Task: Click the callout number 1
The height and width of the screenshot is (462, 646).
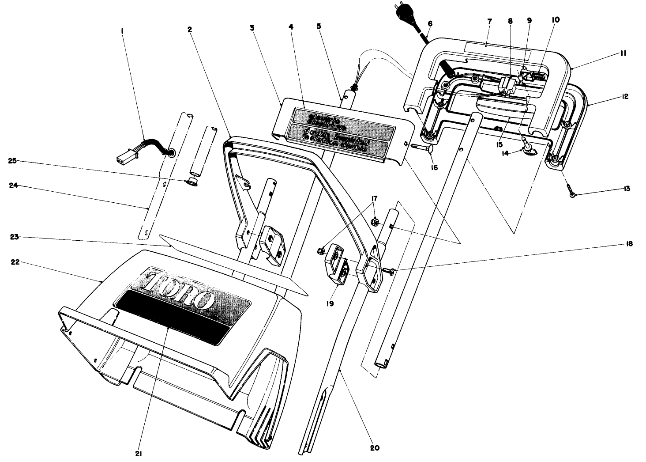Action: point(122,31)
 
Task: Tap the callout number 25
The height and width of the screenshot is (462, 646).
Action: point(12,161)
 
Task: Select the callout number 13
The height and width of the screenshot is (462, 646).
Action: point(627,189)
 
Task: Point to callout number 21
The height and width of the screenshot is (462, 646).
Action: point(139,453)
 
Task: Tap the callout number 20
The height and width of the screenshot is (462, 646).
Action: point(374,448)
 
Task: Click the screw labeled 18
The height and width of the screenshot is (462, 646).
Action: point(389,270)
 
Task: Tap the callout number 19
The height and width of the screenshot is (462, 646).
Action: point(330,303)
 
